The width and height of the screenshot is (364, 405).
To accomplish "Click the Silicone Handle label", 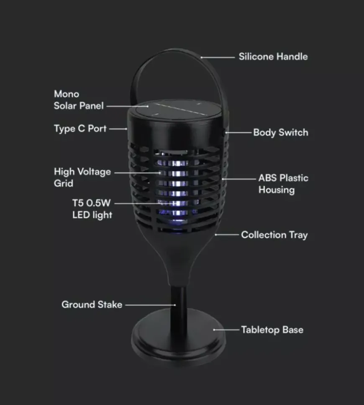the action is click(x=273, y=57).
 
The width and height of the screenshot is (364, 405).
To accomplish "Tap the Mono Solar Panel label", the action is click(x=79, y=100).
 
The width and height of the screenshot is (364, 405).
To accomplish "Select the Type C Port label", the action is click(x=80, y=129).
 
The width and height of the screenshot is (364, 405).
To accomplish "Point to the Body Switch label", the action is click(x=281, y=132).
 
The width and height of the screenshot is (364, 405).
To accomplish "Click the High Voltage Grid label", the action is click(x=82, y=178).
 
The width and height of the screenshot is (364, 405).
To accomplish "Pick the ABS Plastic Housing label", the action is click(x=283, y=184).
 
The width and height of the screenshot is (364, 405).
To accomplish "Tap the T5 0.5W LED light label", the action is click(x=92, y=209).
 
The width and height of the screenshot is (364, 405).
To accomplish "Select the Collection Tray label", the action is click(x=274, y=235).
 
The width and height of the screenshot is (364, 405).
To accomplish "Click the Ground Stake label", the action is click(x=92, y=304).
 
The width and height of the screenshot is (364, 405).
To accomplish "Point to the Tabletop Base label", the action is click(x=272, y=330).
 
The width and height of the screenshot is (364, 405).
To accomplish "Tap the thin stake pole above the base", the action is click(x=179, y=299).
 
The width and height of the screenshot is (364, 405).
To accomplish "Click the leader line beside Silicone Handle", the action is click(x=218, y=57).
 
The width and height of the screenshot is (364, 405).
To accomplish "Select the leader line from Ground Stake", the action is click(x=150, y=305).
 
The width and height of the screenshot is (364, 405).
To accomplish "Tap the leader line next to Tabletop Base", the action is click(x=226, y=330).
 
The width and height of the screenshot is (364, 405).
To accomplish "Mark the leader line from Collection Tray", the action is click(x=227, y=235).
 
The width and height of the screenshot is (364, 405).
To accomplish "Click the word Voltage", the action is click(x=94, y=172).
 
